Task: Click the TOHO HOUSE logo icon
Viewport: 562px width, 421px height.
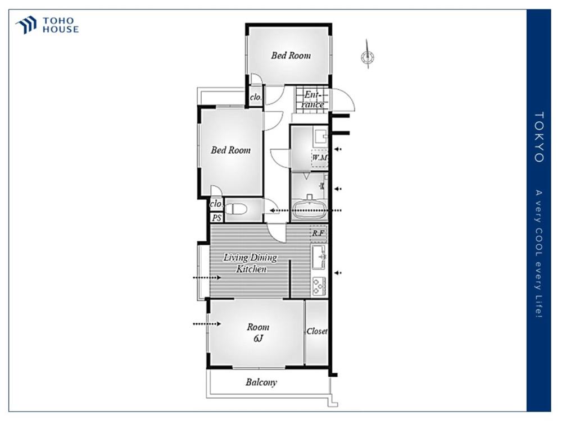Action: [x=26, y=25]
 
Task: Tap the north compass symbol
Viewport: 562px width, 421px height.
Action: [x=368, y=55]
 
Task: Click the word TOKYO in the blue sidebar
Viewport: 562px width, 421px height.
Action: [x=539, y=137]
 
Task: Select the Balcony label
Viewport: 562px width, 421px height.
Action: [x=261, y=382]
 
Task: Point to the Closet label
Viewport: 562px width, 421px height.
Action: [x=317, y=331]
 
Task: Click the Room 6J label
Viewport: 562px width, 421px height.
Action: [x=258, y=332]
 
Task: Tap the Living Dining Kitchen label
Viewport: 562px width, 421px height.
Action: [x=251, y=263]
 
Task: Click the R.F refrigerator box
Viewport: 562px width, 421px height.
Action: [x=318, y=234]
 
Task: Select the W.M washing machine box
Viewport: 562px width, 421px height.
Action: [x=319, y=158]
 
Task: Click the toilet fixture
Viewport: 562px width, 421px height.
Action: [x=237, y=209]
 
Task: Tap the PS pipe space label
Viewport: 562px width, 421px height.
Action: [x=216, y=218]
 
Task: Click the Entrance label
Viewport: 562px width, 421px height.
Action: [x=312, y=99]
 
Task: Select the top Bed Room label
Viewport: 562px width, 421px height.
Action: [x=291, y=56]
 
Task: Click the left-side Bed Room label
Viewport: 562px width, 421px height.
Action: [x=230, y=150]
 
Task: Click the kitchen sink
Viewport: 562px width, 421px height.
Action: [x=319, y=257]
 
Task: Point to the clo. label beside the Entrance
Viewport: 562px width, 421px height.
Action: [x=256, y=97]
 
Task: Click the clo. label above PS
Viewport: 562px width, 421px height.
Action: [x=216, y=204]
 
